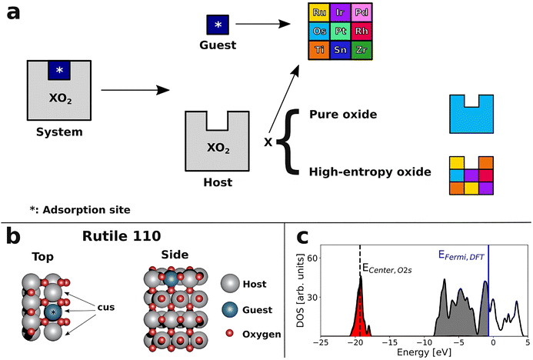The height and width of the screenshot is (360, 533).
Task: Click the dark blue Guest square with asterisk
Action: click(x=218, y=25)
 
